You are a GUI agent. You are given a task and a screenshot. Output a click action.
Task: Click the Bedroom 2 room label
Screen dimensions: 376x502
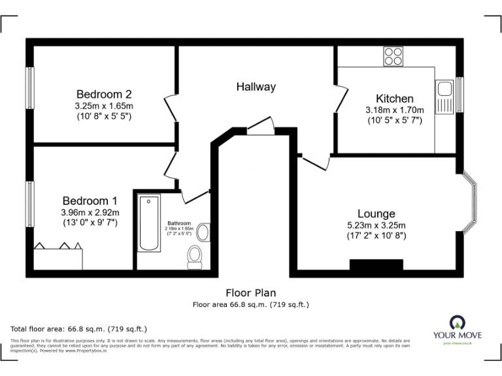pos(104,94)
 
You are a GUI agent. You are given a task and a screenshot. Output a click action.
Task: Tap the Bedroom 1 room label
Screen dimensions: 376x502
pos(90,200)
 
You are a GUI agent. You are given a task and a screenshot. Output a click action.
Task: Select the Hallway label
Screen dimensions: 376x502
pos(256,87)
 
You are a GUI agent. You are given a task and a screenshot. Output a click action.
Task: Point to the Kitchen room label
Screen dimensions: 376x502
pos(394,99)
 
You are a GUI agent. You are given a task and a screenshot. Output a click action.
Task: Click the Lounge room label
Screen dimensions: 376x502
pos(376,213)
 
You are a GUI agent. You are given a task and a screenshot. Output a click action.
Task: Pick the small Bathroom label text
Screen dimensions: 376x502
pos(179,223)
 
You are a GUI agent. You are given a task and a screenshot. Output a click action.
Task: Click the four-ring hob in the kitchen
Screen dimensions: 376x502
pos(393,56)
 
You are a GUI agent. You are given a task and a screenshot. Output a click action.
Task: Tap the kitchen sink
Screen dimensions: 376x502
pos(445,97)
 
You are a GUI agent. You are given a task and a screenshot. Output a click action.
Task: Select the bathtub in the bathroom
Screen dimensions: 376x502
pos(150,223)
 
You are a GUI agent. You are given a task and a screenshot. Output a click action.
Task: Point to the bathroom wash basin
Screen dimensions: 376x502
pos(203,232)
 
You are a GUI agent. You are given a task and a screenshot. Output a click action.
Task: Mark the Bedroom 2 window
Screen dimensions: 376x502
pos(30,87)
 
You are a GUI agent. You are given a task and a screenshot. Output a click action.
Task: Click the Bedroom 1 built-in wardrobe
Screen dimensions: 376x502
pos(58,256)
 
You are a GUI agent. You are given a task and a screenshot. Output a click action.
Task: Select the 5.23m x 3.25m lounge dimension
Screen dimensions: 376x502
pos(376,226)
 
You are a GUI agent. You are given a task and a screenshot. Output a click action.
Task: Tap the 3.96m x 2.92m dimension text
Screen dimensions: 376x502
pos(90,213)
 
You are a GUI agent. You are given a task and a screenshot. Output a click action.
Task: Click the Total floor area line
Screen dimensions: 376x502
pos(79,328)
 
